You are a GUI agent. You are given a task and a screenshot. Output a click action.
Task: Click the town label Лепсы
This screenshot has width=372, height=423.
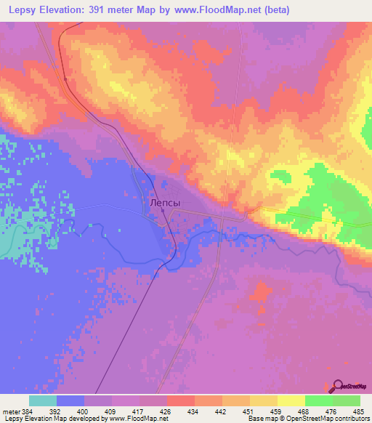163,204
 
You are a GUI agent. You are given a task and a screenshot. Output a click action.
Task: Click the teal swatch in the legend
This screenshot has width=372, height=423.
43,400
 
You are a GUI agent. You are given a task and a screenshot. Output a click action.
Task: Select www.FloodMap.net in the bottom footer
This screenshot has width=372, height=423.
137,419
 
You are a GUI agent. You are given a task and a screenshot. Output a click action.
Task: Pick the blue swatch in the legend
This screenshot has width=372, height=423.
70,400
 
